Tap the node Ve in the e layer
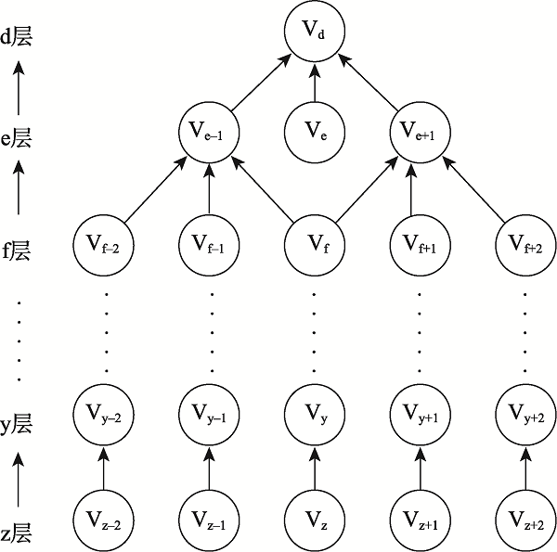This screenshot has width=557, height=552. coord(314,135)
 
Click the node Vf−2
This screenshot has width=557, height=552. coord(102,245)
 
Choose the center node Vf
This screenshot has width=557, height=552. coord(314,245)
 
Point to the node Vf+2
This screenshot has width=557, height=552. coord(525,245)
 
